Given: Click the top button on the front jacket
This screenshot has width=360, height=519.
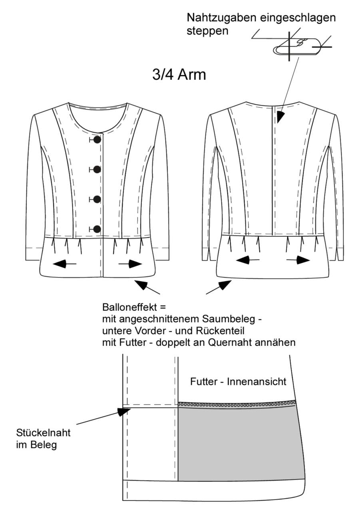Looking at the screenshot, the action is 97,139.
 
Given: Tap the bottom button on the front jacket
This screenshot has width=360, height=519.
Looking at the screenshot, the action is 97,229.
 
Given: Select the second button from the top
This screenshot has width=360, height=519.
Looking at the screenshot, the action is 97,170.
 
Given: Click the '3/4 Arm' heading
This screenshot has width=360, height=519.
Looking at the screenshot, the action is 179,75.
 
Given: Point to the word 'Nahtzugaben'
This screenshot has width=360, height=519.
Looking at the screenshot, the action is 221,18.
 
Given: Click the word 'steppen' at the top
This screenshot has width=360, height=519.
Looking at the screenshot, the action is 207,31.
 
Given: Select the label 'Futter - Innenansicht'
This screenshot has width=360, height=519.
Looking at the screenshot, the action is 238,382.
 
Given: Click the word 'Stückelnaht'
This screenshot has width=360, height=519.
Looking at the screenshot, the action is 44,433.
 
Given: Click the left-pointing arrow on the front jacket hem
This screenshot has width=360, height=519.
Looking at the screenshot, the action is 64,263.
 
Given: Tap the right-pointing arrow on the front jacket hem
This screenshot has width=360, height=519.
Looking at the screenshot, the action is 130,263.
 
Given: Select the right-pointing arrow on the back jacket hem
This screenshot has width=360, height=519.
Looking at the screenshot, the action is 298,260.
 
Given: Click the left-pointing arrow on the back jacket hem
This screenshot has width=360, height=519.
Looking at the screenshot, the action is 248,260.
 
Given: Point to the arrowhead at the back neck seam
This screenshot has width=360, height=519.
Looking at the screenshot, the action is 280,117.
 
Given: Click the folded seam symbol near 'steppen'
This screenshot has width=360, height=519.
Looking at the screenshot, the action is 297,46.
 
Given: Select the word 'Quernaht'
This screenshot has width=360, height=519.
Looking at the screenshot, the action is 230,343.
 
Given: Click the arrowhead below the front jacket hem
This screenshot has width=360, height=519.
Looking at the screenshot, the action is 142,285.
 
